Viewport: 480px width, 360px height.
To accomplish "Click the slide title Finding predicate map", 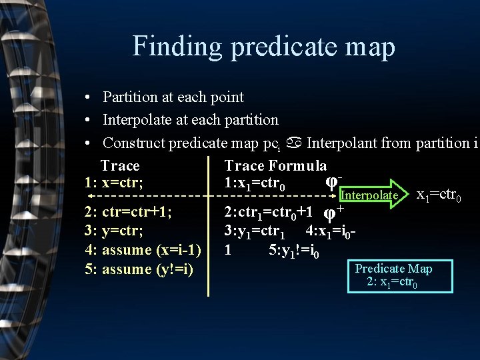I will (263, 47).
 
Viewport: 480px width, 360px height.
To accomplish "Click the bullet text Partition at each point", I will (173, 97).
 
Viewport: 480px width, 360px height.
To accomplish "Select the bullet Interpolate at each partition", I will (190, 120).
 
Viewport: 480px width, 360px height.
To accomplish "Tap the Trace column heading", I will (120, 165).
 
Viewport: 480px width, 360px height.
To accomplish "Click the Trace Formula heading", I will (275, 165).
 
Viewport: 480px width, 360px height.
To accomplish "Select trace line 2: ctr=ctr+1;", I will (128, 212).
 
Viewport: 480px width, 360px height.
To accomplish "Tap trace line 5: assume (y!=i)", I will (138, 269).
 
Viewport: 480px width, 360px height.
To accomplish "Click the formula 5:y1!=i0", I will (294, 252).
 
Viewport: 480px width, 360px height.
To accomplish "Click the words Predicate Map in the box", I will (393, 269).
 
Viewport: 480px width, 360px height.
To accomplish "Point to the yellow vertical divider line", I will (209, 233).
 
